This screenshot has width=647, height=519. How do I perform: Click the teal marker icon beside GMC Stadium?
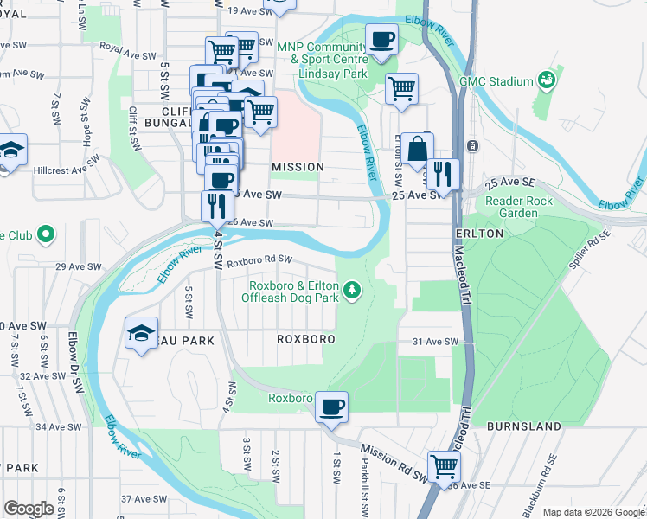547,81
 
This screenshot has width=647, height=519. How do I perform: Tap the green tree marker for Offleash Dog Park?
352,290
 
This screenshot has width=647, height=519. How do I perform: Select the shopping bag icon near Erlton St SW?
417,148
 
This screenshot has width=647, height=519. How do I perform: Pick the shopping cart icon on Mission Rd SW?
444,465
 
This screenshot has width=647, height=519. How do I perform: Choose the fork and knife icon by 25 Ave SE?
443,174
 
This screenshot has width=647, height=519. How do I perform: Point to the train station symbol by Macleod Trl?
471,146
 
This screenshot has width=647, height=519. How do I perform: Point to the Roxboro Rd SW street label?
260,259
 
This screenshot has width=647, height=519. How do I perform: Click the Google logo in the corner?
29,509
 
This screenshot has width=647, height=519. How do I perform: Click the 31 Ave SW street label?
434,342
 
